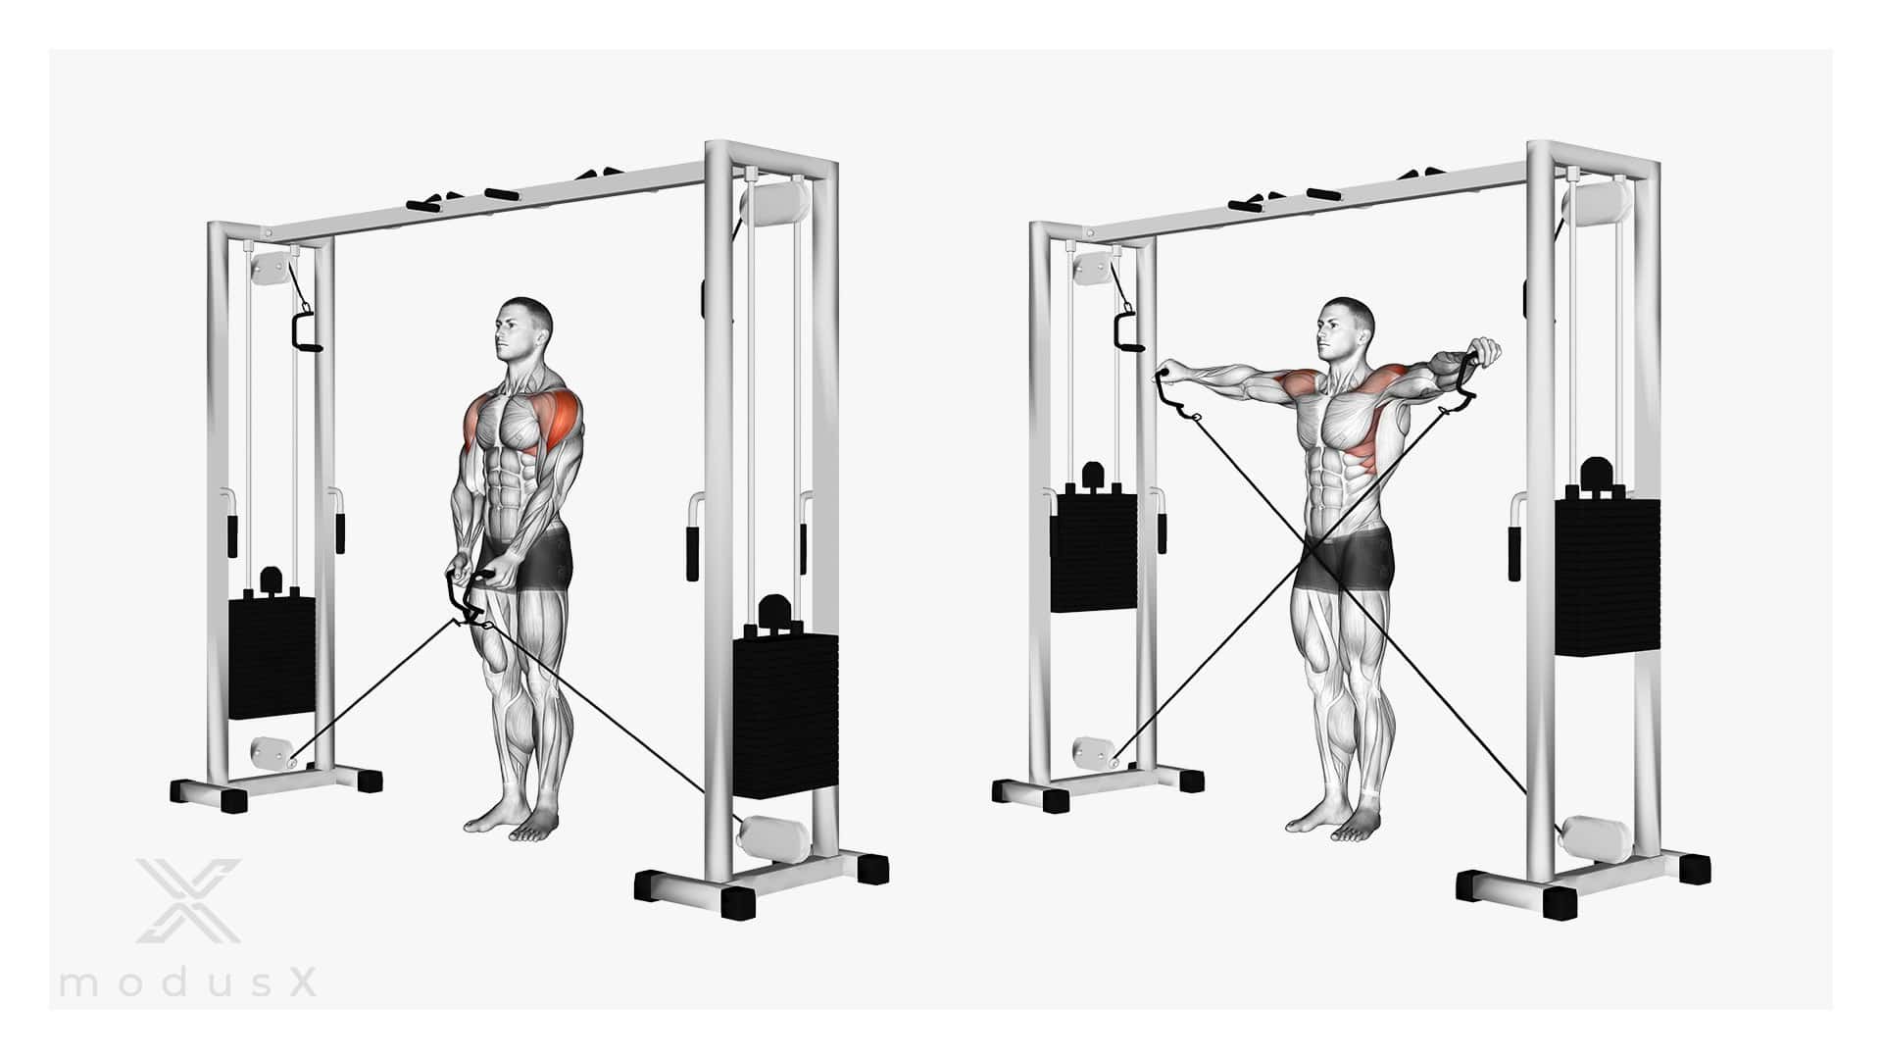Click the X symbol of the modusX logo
pos(188,900)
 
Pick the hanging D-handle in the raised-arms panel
pos(1128,331)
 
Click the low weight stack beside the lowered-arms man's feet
pos(786,716)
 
